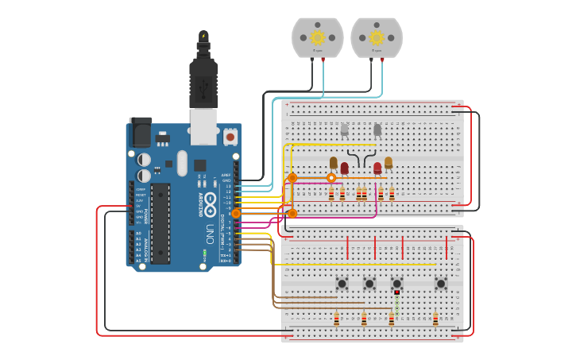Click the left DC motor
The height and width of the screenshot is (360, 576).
pos(317,37)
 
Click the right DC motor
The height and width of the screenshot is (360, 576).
pos(376,37)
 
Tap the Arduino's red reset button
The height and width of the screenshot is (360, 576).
pos(230,137)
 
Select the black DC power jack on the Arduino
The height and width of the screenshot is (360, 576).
pos(140,132)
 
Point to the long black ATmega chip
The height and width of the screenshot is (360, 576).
pos(160,223)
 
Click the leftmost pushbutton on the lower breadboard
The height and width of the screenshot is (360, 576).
pos(342,283)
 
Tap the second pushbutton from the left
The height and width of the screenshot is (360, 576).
pos(369,283)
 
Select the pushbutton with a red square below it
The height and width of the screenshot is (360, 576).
pos(396,283)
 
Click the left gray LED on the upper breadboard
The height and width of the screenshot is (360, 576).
pos(344,130)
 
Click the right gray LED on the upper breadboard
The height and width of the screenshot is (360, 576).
pos(377,130)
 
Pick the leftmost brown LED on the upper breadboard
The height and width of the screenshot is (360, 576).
pos(334,163)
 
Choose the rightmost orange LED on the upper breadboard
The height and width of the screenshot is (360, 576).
pos(389,163)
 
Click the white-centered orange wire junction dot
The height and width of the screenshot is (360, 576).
pos(331,178)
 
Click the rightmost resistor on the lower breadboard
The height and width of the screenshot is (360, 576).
pos(435,319)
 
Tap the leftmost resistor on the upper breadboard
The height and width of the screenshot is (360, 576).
pos(331,194)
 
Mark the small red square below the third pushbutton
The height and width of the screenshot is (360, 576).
pos(396,292)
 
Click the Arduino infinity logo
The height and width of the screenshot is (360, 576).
pos(210,201)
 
